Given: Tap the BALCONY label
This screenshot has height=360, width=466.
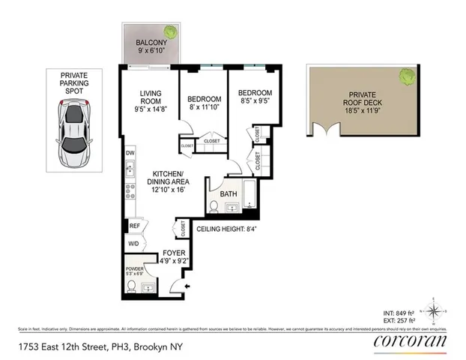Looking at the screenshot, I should coord(151,43).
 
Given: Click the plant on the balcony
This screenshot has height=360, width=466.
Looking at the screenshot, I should coord(172,32).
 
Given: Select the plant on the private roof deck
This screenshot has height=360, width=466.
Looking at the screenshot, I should coord(408,75).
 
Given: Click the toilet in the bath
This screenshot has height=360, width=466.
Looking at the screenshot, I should coord(214,205).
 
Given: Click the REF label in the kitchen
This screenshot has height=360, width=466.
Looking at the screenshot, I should coord(135,225).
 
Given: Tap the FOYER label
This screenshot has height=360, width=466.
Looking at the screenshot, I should coord(174,253).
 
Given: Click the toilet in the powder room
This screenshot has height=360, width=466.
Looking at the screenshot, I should coord(132,286).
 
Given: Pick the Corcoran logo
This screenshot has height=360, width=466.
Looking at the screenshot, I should coord(410,341).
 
